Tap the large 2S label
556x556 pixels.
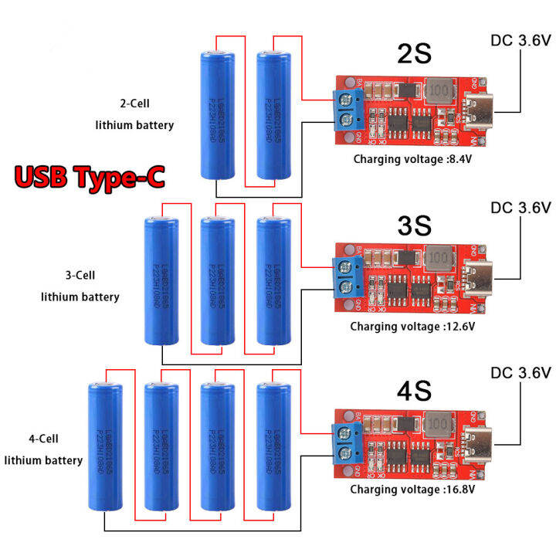pyautogui.click(x=414, y=54)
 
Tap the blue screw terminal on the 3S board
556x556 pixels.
pyautogui.click(x=346, y=276)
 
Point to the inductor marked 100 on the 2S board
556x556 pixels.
pyautogui.click(x=439, y=90)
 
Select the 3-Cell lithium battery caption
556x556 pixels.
pyautogui.click(x=80, y=286)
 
